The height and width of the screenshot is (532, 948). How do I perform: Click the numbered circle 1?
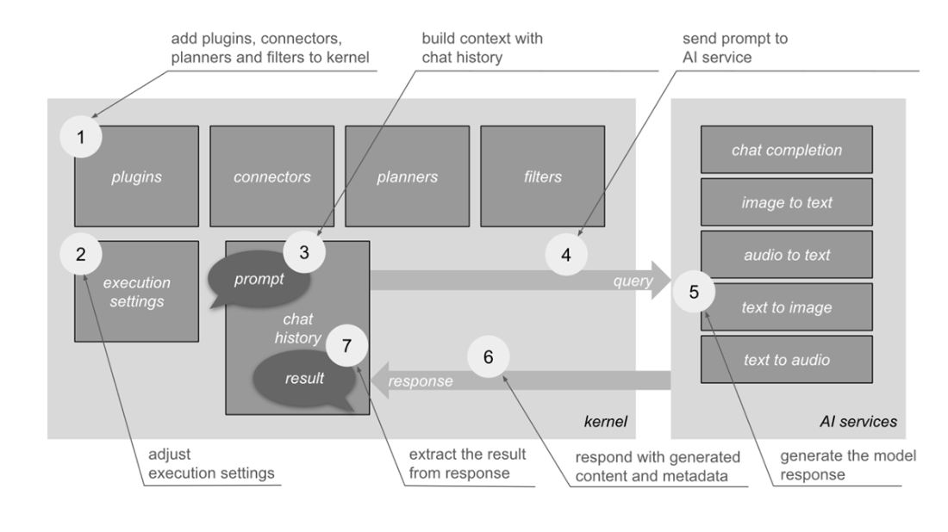[x=81, y=138]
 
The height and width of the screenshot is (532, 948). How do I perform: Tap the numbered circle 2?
[x=81, y=254]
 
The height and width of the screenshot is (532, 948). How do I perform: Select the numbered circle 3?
[x=303, y=253]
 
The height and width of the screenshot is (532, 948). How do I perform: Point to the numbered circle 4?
[x=566, y=255]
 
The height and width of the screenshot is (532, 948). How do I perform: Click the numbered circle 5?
[x=694, y=291]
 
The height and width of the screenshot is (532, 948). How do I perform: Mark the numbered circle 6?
[x=488, y=356]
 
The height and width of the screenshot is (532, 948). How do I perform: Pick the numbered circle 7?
[x=347, y=346]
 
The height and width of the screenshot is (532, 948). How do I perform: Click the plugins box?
[x=136, y=176]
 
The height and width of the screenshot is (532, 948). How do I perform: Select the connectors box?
[x=271, y=176]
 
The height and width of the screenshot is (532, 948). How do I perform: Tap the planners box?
[x=407, y=176]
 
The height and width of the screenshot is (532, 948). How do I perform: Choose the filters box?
[x=542, y=176]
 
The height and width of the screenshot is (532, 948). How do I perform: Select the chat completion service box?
[x=786, y=150]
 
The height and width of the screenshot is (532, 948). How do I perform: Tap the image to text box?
[x=786, y=202]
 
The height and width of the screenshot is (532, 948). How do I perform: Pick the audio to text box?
[x=786, y=255]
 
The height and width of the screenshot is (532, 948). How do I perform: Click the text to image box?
[x=786, y=307]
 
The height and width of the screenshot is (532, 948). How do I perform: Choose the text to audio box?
[x=786, y=360]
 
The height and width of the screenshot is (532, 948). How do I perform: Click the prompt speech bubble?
[x=259, y=280]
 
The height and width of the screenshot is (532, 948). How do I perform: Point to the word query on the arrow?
[x=633, y=281]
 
